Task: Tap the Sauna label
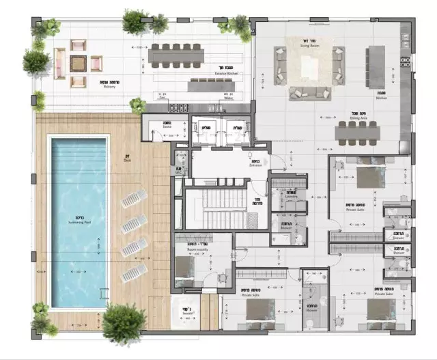[167, 126]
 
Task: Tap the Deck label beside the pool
[127, 161]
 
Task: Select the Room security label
[197, 250]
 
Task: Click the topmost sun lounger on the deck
[134, 199]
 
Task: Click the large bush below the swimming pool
[124, 322]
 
